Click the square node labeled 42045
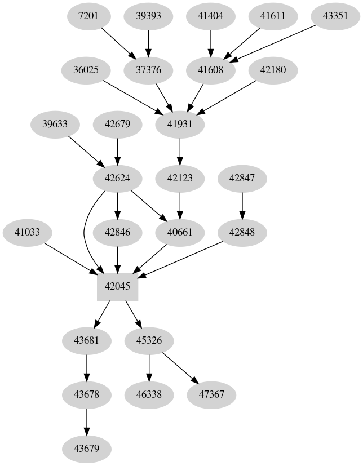[x=117, y=286]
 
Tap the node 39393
[x=148, y=16]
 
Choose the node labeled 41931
[x=180, y=124]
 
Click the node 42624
[x=117, y=178]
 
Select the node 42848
[x=242, y=232]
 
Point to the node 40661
[x=180, y=232]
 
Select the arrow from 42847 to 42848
[x=242, y=205]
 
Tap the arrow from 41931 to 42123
[x=180, y=151]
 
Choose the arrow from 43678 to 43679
[x=86, y=421]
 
